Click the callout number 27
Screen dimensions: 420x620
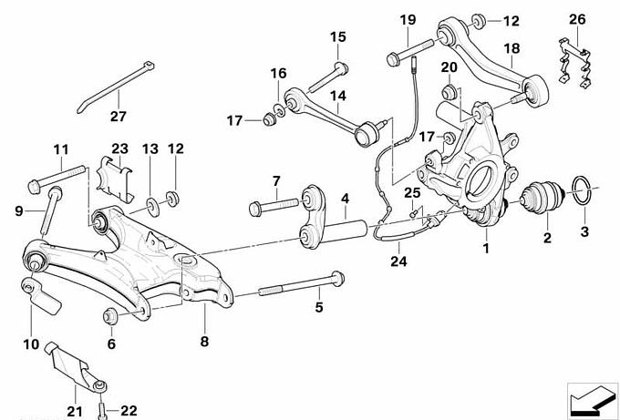(x=119, y=116)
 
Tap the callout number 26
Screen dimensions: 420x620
(x=577, y=19)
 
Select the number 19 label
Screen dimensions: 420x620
(x=407, y=19)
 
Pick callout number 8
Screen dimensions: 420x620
(x=204, y=341)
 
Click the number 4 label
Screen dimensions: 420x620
(x=345, y=197)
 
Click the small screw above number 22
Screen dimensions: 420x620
(x=105, y=404)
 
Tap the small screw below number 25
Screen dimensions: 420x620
(x=414, y=214)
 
